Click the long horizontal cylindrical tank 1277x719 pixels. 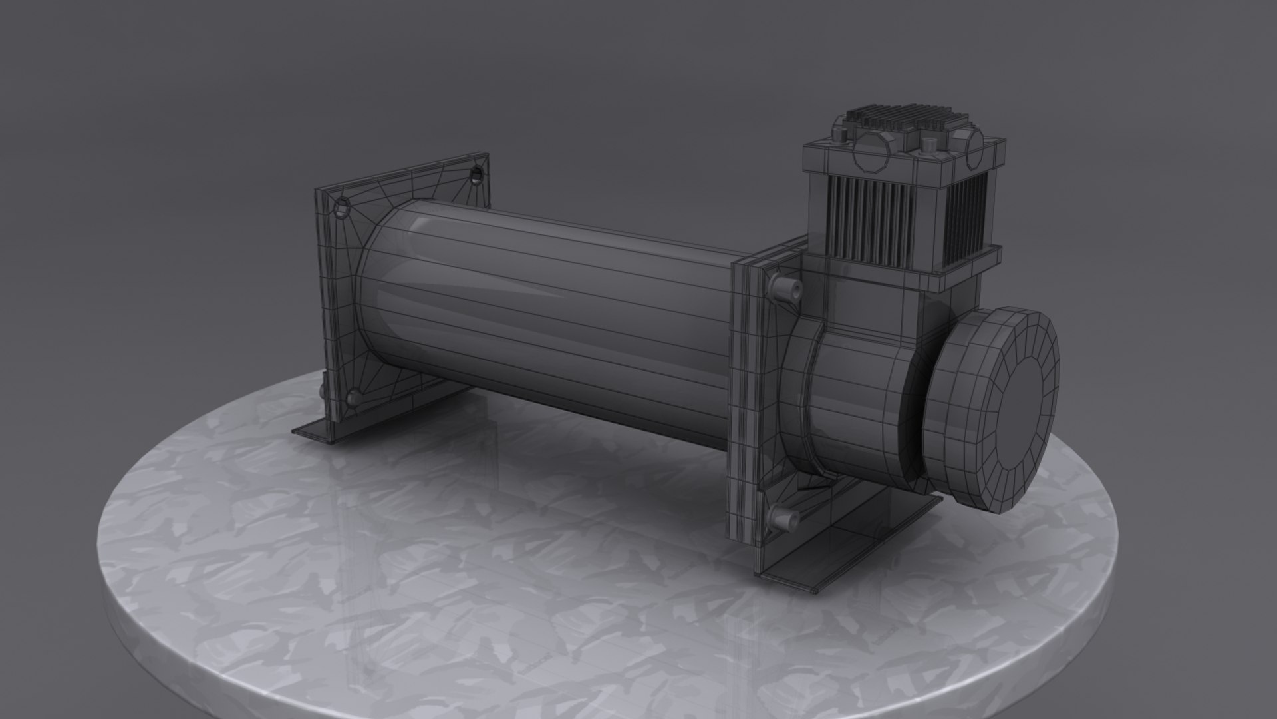pos(545,313)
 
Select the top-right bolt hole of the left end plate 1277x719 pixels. pos(476,174)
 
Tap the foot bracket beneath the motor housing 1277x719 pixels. pos(865,546)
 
